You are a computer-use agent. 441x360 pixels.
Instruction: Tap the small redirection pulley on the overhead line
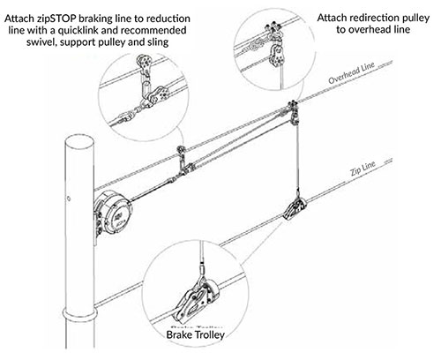click(288, 110)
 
